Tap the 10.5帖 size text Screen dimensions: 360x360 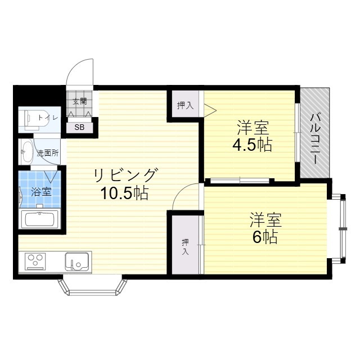(x=124, y=193)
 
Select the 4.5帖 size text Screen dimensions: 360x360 (x=252, y=145)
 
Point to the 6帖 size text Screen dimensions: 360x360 (x=264, y=237)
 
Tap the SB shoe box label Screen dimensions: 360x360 (x=80, y=127)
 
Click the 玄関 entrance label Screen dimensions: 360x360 (x=80, y=102)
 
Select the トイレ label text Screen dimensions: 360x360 (x=47, y=118)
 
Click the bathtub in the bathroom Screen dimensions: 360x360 (x=40, y=218)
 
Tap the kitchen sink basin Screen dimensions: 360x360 (x=76, y=262)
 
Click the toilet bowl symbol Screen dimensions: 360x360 (x=29, y=119)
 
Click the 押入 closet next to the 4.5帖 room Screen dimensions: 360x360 (x=185, y=105)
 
